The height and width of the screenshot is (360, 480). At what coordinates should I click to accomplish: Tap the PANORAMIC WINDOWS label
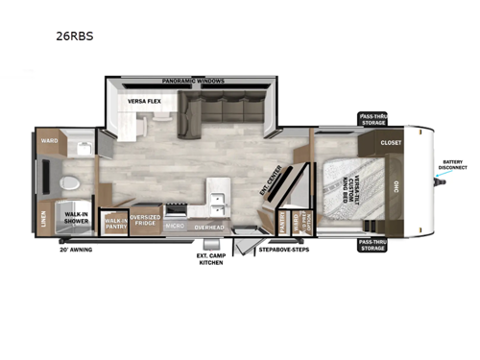(193, 82)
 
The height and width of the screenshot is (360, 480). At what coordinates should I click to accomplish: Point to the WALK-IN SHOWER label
(77, 217)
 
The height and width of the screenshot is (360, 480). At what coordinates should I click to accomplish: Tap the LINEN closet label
(42, 220)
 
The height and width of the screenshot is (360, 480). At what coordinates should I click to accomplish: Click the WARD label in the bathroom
(48, 141)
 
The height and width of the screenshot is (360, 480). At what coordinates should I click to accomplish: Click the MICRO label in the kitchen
(175, 227)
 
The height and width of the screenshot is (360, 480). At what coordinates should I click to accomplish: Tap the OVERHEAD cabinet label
(208, 227)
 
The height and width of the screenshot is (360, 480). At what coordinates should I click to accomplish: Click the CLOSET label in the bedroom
(391, 142)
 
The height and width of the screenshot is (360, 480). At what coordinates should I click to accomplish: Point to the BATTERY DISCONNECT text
(453, 164)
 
